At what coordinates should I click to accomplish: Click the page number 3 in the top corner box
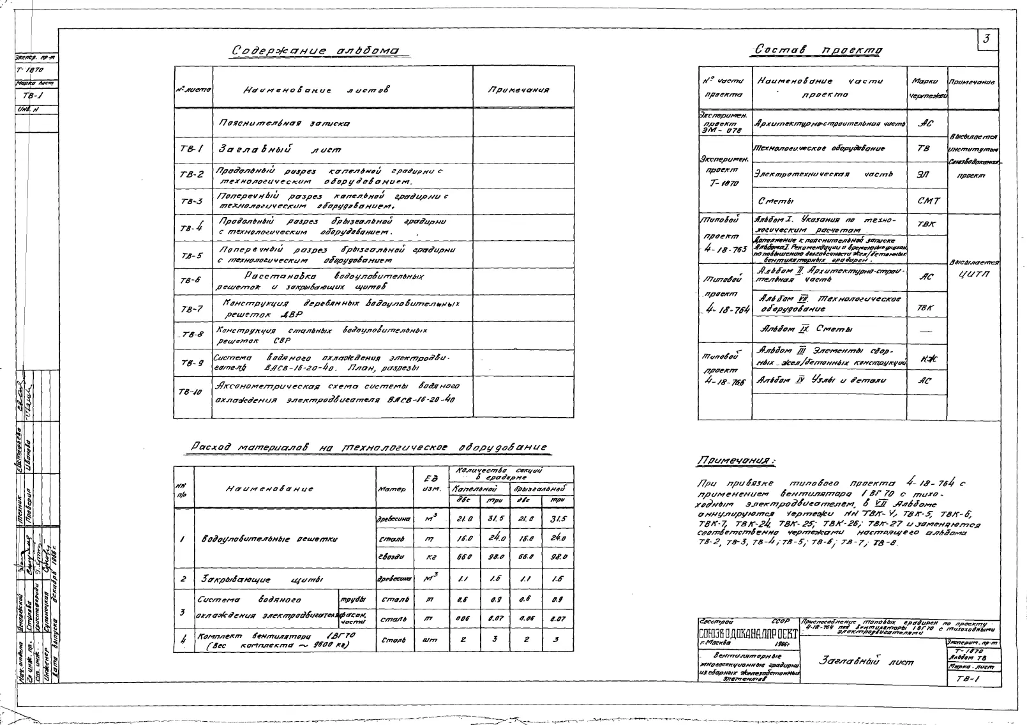pyautogui.click(x=986, y=40)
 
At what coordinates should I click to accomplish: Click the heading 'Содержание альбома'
pyautogui.click(x=315, y=51)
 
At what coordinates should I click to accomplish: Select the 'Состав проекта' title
pyautogui.click(x=819, y=50)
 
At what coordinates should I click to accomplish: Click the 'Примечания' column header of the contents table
pyautogui.click(x=518, y=90)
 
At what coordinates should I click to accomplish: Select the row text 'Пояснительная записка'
pyautogui.click(x=284, y=123)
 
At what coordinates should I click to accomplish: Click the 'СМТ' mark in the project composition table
pyautogui.click(x=928, y=201)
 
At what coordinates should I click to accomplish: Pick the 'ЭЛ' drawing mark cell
pyautogui.click(x=924, y=174)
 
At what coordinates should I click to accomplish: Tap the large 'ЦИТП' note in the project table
pyautogui.click(x=973, y=274)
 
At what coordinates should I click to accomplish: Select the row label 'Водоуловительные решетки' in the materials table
pyautogui.click(x=269, y=539)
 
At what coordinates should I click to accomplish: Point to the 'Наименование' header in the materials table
pyautogui.click(x=269, y=489)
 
